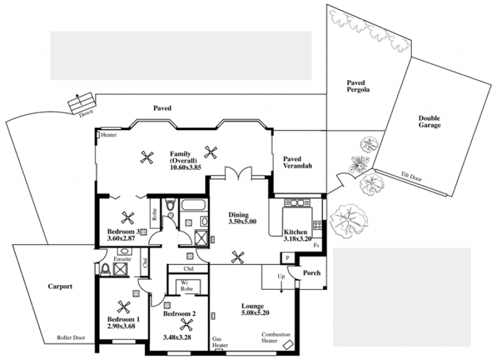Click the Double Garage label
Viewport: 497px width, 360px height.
click(x=429, y=121)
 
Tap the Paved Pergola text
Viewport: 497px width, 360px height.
click(x=358, y=86)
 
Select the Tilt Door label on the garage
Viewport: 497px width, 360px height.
click(x=411, y=177)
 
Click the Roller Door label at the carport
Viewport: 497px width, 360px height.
click(x=71, y=338)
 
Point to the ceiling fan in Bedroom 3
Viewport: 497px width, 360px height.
click(x=127, y=218)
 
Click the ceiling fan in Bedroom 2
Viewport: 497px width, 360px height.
click(x=186, y=325)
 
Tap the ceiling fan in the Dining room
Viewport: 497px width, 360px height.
click(x=238, y=257)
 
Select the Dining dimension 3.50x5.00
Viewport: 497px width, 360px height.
click(x=242, y=222)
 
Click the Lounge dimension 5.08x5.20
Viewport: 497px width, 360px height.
click(x=255, y=313)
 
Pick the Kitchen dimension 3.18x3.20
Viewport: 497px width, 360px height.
click(x=298, y=239)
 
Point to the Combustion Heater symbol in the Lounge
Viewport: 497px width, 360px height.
click(x=288, y=344)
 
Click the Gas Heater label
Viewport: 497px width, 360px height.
click(x=220, y=342)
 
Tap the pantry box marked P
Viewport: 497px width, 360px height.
click(x=288, y=258)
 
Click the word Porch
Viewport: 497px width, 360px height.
click(x=312, y=273)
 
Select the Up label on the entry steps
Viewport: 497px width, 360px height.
click(x=281, y=277)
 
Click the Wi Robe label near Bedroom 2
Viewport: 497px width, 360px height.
click(x=187, y=286)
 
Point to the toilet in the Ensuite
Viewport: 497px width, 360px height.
click(x=104, y=270)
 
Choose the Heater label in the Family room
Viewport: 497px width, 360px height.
click(x=109, y=135)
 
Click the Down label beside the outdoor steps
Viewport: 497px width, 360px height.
click(x=86, y=114)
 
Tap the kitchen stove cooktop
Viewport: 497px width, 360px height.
click(x=317, y=226)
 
